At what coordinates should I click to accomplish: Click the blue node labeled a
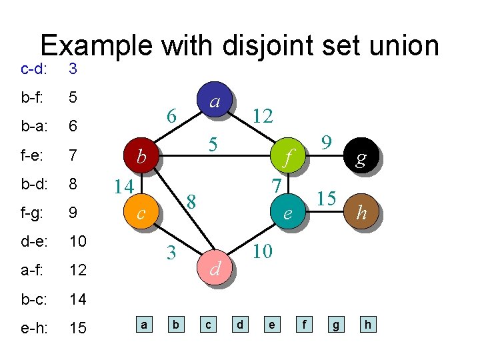point(215,102)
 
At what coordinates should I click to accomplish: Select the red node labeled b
point(141,157)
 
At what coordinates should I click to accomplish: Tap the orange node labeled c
point(141,213)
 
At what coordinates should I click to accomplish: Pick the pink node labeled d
point(215,269)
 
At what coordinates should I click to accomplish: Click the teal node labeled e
point(287,213)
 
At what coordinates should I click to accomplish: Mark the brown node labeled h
point(361,213)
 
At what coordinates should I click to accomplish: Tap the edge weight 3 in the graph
point(171,253)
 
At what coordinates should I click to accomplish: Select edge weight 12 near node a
point(263,116)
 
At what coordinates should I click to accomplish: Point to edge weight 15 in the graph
point(325,199)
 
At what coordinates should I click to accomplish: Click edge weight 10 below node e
point(262,251)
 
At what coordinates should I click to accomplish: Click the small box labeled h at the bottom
point(367,325)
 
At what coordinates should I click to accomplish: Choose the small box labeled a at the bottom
point(143,325)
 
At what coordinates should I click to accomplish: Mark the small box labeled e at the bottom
point(271,325)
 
